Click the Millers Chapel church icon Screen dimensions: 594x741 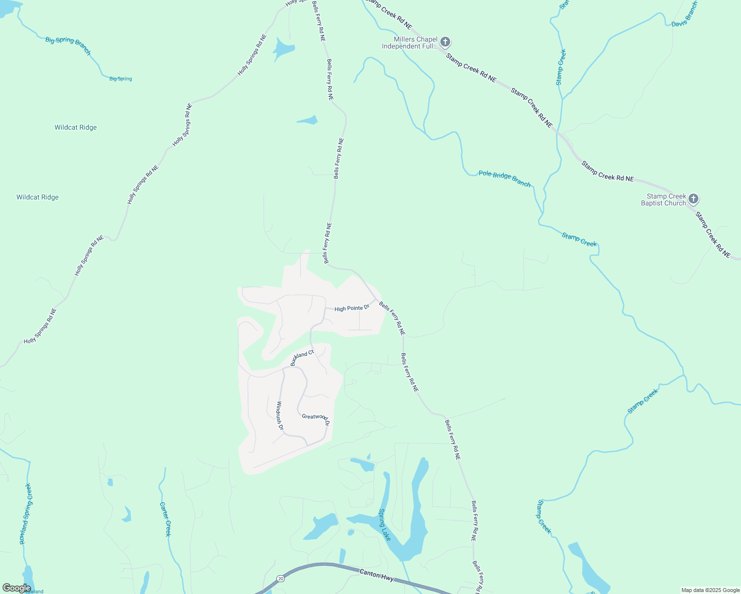[x=445, y=42]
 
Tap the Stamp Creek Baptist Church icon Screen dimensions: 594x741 [x=693, y=199]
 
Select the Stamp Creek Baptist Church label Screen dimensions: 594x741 [x=663, y=199]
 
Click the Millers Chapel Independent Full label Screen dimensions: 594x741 [x=410, y=43]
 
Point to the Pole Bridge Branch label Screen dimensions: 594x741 [x=504, y=179]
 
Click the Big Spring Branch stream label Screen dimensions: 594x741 [x=68, y=46]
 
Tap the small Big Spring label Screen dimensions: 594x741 [x=120, y=79]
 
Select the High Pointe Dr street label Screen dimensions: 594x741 [x=352, y=308]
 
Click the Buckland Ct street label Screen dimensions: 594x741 [x=302, y=357]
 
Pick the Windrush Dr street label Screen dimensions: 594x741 [x=280, y=415]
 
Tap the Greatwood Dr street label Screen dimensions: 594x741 [x=316, y=418]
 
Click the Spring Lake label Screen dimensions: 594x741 [x=385, y=524]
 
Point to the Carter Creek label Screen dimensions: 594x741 [x=165, y=519]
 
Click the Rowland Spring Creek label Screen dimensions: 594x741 [x=25, y=514]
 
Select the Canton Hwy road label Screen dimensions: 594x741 [x=376, y=575]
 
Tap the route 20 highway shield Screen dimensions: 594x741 [x=281, y=578]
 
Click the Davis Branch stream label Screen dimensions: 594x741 [x=684, y=14]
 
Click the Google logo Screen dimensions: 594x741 [x=16, y=588]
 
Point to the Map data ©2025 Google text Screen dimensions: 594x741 [x=710, y=590]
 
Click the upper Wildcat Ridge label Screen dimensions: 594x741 [x=75, y=127]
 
